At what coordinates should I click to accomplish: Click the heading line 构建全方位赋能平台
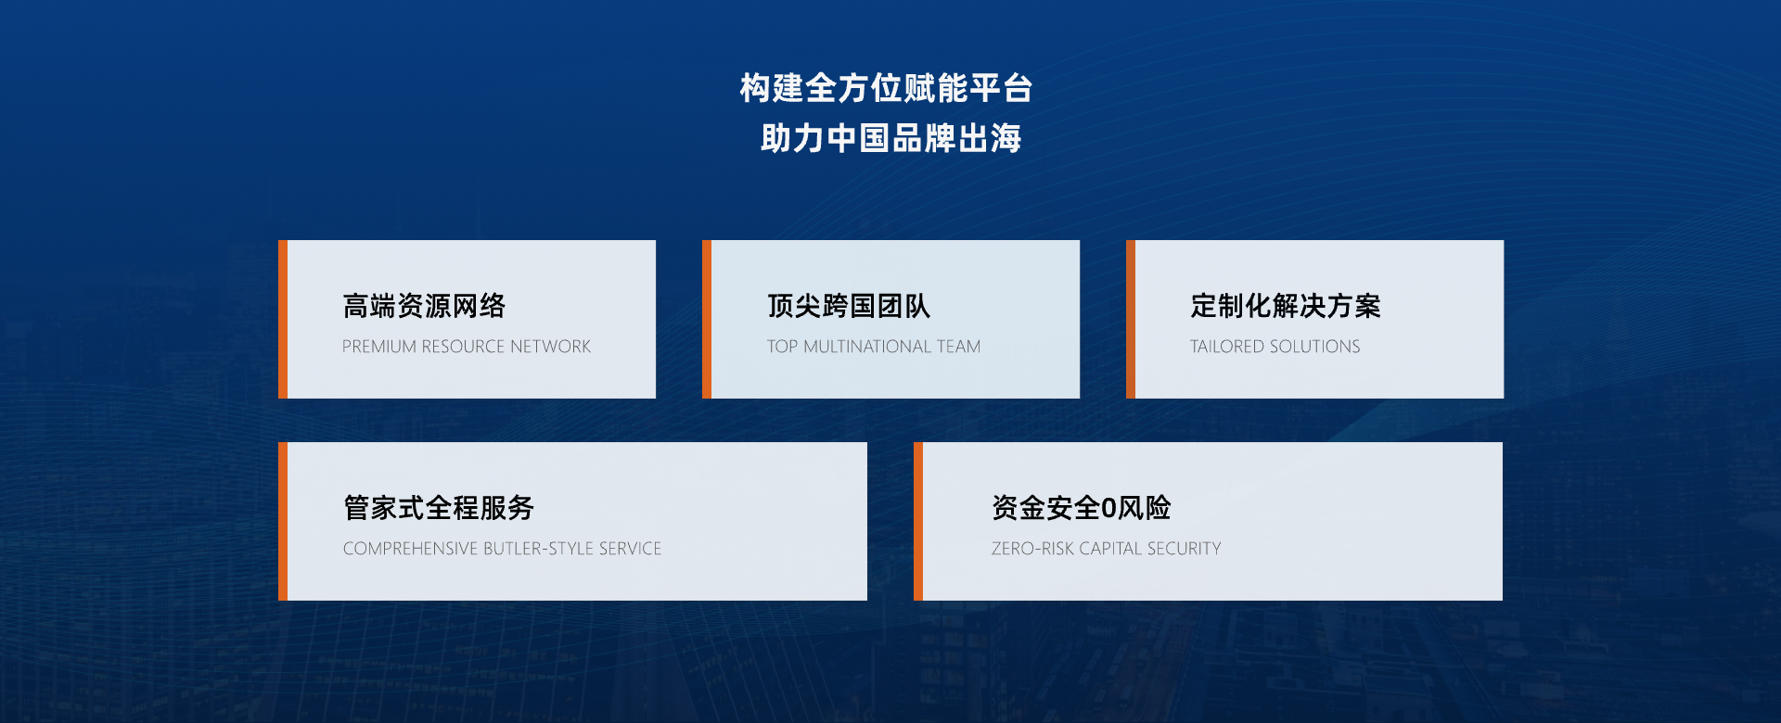click(x=886, y=88)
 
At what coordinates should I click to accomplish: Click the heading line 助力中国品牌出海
click(x=890, y=138)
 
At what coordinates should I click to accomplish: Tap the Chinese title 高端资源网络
click(x=424, y=305)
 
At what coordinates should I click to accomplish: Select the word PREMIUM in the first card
click(x=379, y=347)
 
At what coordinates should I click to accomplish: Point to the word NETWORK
click(x=550, y=347)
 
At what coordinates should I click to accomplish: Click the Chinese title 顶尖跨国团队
click(x=848, y=305)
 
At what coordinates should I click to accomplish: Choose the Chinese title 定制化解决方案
click(x=1286, y=305)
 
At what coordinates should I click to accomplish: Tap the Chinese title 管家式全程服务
click(x=439, y=507)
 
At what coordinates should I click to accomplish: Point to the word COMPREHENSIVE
click(x=411, y=549)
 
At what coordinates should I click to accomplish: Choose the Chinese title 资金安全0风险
click(x=1081, y=507)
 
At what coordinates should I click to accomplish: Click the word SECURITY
click(x=1184, y=549)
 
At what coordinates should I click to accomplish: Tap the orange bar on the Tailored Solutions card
click(x=1131, y=320)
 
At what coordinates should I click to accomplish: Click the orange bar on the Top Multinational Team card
click(x=707, y=320)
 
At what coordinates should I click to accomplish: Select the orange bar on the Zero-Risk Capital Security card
click(x=918, y=521)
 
